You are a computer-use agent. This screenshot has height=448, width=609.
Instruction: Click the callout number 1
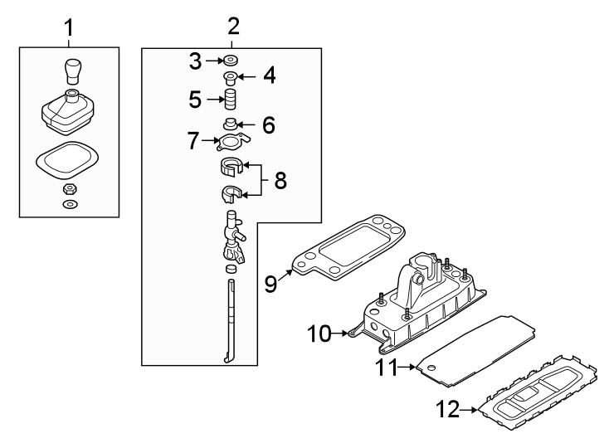[x=69, y=27]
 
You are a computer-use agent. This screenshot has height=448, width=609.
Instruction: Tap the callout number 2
[x=232, y=26]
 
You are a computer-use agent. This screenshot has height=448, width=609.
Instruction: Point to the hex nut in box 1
[x=70, y=189]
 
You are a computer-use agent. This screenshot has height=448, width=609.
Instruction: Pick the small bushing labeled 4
[x=230, y=79]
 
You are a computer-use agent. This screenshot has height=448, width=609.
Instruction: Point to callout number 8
[x=280, y=180]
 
